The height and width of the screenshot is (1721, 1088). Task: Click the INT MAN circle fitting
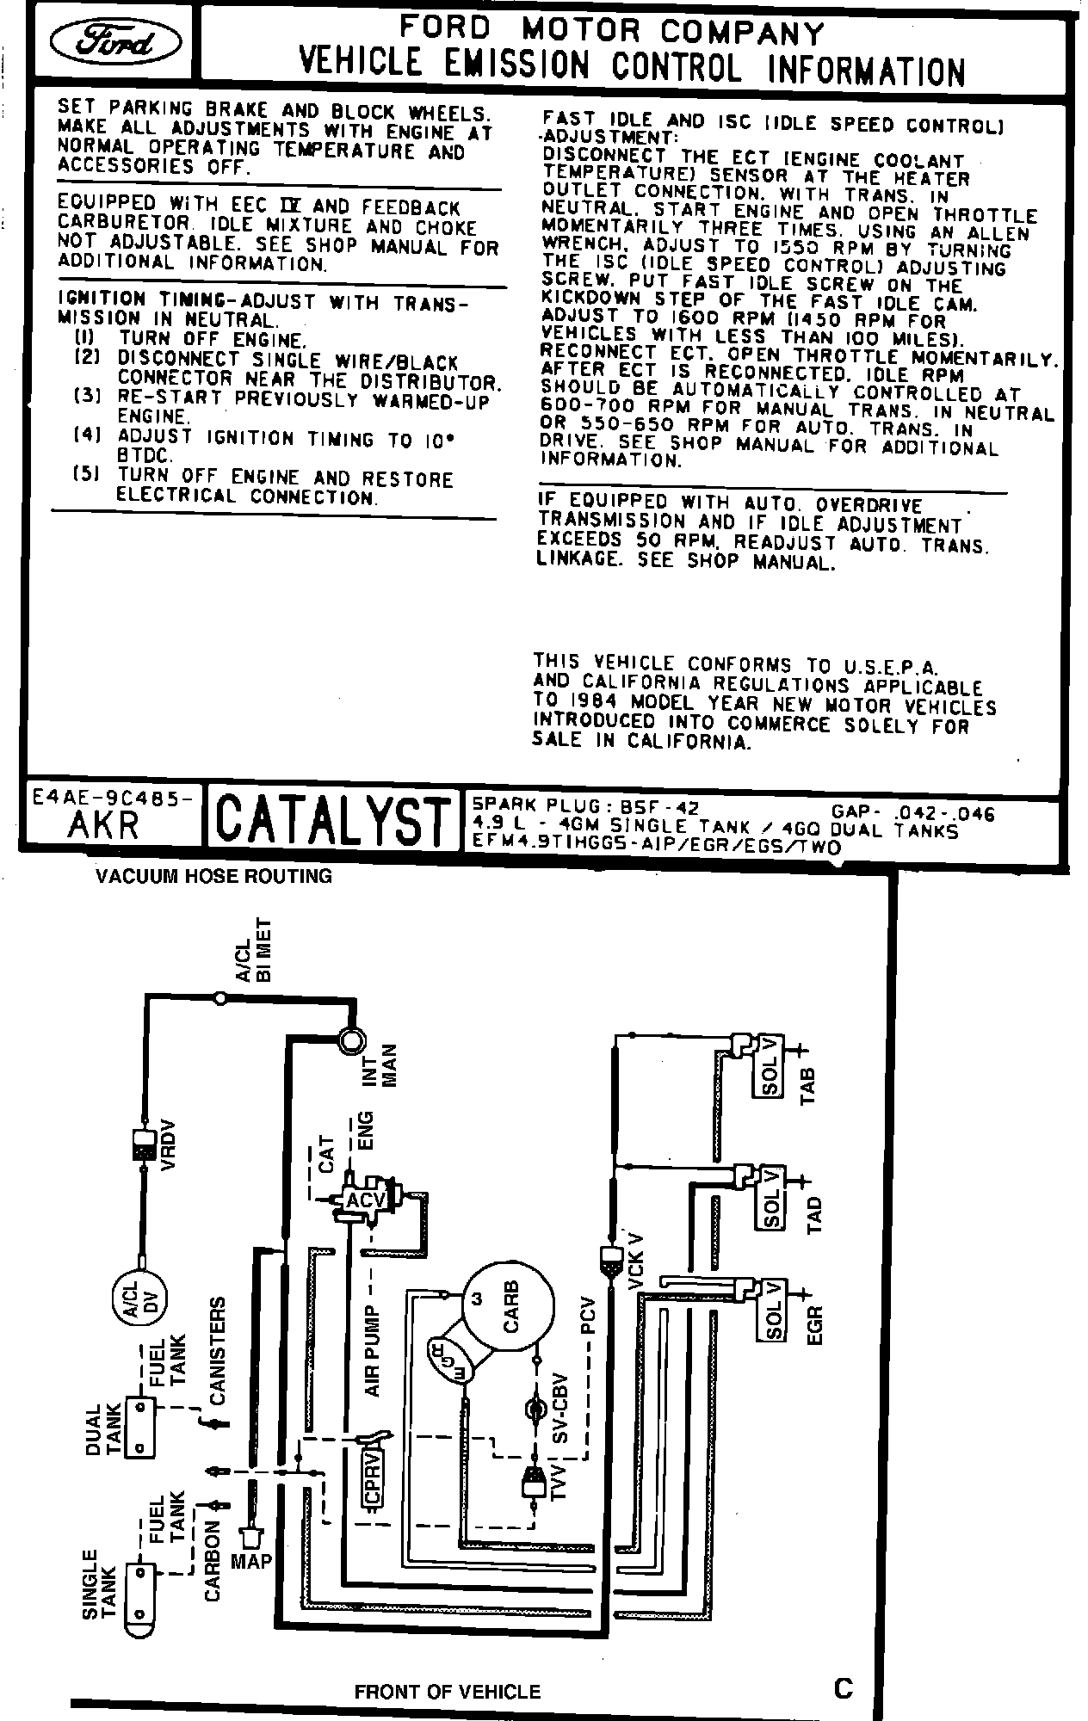pos(351,1039)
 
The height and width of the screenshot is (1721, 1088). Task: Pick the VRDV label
pos(168,1144)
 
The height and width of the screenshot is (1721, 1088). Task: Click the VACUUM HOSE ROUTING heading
pos(213,876)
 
